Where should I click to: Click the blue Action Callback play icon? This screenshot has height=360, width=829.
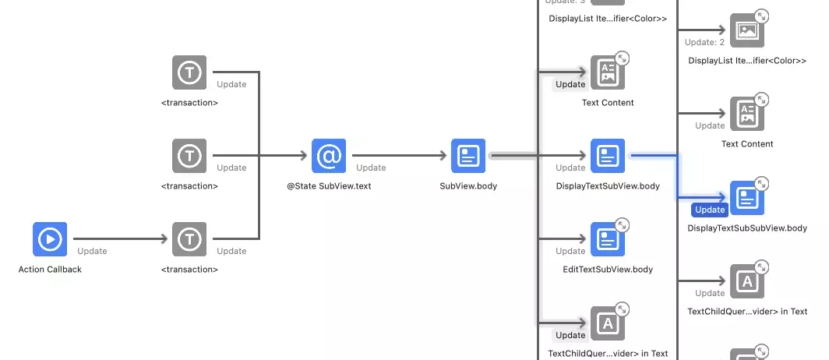coord(50,239)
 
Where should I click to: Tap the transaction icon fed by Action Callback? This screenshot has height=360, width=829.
coord(189,239)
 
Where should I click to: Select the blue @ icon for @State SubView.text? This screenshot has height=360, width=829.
coord(329,156)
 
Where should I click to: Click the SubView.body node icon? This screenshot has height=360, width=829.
coord(468,156)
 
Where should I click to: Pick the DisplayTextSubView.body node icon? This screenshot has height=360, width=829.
coord(608,156)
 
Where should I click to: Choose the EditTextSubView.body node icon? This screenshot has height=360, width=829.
coord(608,239)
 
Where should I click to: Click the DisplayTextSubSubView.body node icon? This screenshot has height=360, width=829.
coord(747,198)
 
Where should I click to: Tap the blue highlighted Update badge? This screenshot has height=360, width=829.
coord(709,210)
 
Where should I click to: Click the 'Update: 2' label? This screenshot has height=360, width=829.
coord(704,42)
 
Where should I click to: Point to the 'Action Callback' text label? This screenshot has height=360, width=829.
coord(50,270)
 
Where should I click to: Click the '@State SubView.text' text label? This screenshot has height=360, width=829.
coord(329,186)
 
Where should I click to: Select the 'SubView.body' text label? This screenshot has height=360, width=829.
coord(468,186)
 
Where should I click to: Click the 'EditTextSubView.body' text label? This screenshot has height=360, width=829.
coord(608,270)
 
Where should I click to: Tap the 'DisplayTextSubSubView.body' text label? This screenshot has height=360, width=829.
coord(747,228)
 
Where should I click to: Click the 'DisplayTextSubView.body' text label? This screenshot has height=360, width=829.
coord(608,186)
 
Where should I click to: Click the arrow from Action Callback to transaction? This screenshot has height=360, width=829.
coord(117,239)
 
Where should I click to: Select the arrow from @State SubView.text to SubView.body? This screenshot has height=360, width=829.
coord(397,156)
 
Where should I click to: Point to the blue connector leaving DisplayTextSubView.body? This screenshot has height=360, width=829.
coord(662,156)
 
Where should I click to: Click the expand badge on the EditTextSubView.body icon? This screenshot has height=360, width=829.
coord(622,225)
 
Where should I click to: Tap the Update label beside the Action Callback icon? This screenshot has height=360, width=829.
coord(92,251)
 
